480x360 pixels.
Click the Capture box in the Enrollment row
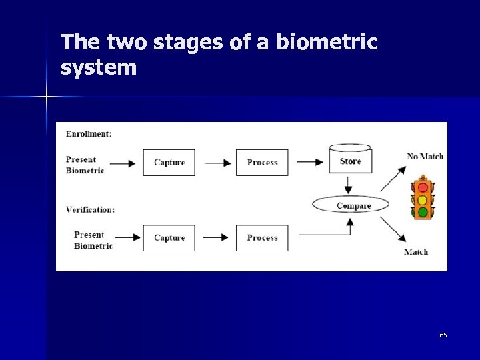point(169,162)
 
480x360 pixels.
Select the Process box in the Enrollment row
point(262,162)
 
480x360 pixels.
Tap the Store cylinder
point(350,160)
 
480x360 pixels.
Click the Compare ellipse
point(351,205)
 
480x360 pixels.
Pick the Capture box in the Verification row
point(169,238)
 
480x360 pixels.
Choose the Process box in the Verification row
point(262,238)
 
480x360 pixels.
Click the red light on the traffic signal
point(422,187)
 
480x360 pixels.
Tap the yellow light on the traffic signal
point(422,200)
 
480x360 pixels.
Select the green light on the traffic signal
point(422,213)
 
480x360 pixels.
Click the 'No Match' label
point(425,156)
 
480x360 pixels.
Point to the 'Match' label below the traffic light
point(416,252)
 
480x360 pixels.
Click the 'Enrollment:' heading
point(88,134)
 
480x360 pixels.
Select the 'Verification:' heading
point(90,209)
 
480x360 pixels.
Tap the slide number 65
point(443,335)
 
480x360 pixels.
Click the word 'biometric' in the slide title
point(327,43)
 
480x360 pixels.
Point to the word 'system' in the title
point(98,67)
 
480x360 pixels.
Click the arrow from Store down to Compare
point(351,184)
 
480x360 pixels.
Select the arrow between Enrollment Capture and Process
point(216,163)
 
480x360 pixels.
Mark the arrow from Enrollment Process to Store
point(309,163)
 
